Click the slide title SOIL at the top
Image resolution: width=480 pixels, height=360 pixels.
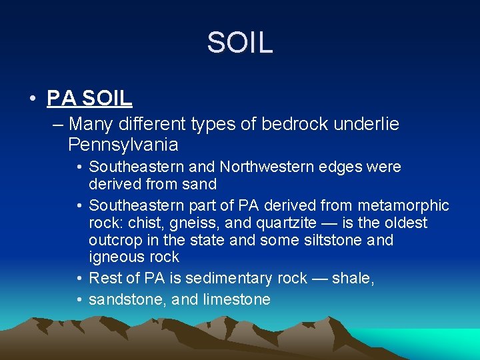point(239,43)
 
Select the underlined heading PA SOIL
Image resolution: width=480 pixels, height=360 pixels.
point(89,98)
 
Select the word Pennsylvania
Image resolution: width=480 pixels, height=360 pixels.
point(123,145)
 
